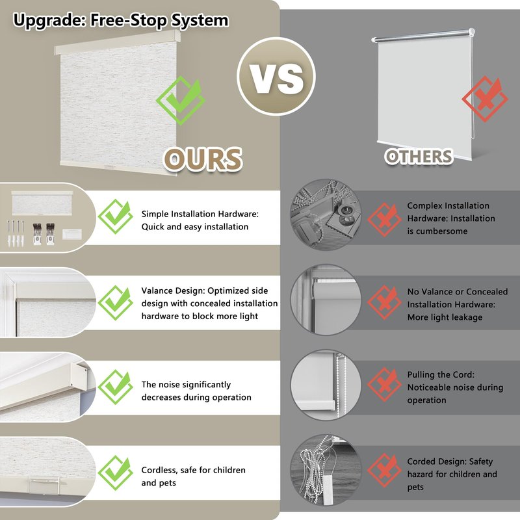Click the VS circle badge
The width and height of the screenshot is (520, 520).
click(276, 77)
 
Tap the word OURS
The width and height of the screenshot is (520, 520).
click(203, 159)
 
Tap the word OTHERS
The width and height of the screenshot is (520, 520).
click(419, 157)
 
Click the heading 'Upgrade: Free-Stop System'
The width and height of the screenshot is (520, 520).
click(121, 20)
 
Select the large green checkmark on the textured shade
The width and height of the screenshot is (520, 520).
click(181, 100)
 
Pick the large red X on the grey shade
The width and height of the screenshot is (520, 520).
click(485, 99)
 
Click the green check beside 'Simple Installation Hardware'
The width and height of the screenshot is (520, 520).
click(116, 216)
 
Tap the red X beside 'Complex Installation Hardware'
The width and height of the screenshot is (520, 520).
click(384, 220)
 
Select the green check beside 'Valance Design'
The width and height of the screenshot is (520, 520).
click(116, 303)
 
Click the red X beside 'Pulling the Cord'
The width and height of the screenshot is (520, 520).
click(384, 385)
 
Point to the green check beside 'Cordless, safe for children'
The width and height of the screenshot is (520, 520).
click(116, 473)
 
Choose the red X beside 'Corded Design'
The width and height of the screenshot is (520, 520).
click(384, 470)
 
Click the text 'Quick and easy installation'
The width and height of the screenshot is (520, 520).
click(194, 227)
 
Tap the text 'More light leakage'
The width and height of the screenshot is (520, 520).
click(445, 317)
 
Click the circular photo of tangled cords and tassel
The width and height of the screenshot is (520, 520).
click(326, 470)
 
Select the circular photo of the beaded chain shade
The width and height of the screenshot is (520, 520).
click(326, 385)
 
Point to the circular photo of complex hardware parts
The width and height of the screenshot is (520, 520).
click(326, 214)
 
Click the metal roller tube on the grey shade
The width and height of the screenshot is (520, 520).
click(424, 36)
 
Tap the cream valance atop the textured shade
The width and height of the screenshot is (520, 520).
click(118, 42)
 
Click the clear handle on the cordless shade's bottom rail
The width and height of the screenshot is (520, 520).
click(44, 485)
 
